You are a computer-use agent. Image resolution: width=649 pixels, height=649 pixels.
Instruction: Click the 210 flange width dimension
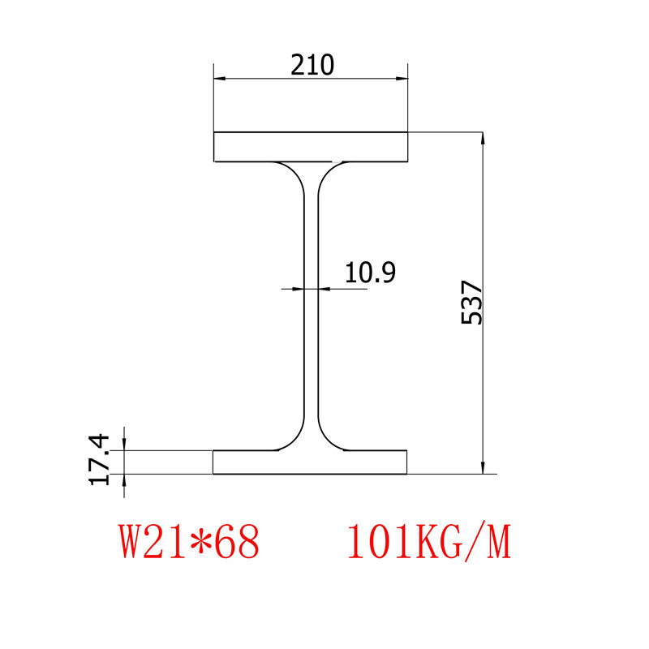(312, 64)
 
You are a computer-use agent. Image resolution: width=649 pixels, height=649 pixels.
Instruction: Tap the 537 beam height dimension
(471, 303)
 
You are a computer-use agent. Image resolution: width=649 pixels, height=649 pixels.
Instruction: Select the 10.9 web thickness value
(370, 273)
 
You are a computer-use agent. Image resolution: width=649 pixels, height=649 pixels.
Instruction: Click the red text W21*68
(189, 542)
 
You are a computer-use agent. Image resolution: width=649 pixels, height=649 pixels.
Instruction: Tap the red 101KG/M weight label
(429, 542)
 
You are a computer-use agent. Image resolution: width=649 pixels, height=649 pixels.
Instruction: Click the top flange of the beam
(311, 147)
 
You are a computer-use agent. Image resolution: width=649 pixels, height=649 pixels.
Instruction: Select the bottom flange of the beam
(310, 462)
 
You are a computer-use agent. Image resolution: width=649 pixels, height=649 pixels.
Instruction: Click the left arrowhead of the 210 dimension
(220, 79)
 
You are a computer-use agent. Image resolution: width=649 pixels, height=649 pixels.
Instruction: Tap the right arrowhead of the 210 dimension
(402, 79)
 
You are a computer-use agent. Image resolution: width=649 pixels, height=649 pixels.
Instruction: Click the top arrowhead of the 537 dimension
(484, 138)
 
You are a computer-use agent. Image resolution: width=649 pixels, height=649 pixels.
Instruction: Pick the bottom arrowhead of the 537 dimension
(484, 467)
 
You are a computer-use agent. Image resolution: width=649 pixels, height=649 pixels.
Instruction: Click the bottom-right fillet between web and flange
(328, 439)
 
